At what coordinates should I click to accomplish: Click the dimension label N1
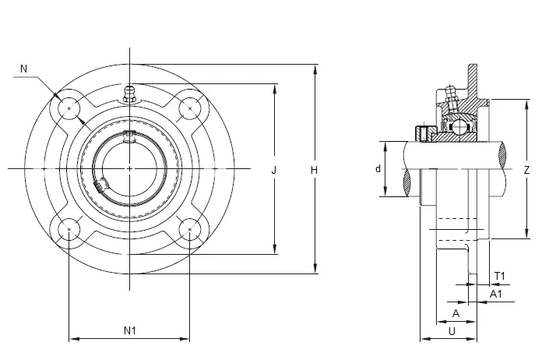pyautogui.click(x=130, y=330)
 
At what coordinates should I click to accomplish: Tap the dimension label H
pyautogui.click(x=314, y=170)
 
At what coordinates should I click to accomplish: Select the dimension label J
pyautogui.click(x=274, y=170)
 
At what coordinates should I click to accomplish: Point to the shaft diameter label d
pyautogui.click(x=378, y=169)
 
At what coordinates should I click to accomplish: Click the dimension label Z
pyautogui.click(x=526, y=170)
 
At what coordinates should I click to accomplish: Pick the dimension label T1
pyautogui.click(x=500, y=276)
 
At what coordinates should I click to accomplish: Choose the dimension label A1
pyautogui.click(x=496, y=294)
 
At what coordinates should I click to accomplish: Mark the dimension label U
pyautogui.click(x=452, y=331)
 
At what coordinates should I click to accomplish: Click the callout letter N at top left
pyautogui.click(x=24, y=69)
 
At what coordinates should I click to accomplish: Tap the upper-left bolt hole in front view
pyautogui.click(x=69, y=108)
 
